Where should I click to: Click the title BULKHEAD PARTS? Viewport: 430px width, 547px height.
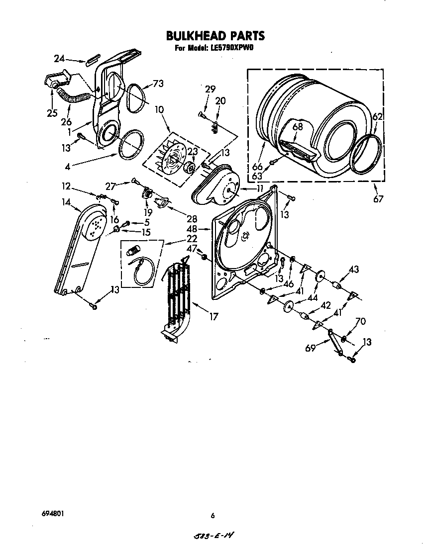(215, 36)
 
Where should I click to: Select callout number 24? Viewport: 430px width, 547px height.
(59, 59)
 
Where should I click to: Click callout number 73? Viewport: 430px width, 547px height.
(158, 84)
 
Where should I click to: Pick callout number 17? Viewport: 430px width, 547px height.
(214, 316)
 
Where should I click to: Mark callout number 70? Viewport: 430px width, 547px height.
(360, 322)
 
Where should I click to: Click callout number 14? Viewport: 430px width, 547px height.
(66, 202)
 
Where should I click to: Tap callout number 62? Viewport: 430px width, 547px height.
(378, 117)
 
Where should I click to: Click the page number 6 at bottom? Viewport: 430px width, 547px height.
(213, 516)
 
